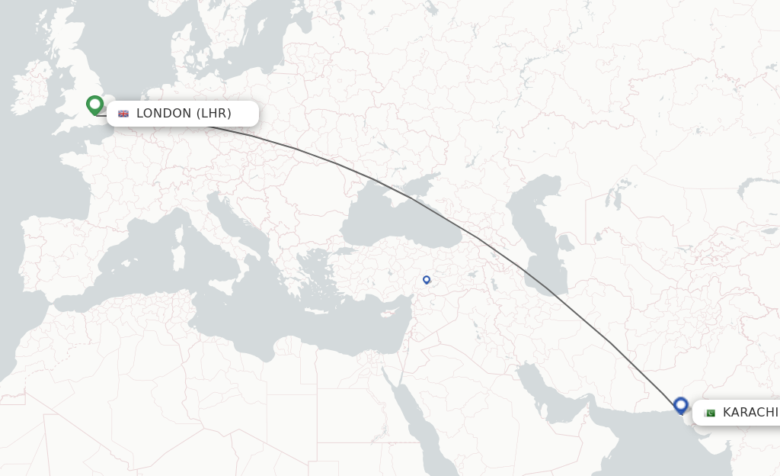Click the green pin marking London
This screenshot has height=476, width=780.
pyautogui.click(x=95, y=105)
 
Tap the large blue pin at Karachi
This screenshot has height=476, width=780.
pyautogui.click(x=681, y=405)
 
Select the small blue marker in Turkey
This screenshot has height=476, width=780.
pyautogui.click(x=427, y=280)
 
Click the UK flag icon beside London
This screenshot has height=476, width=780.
pyautogui.click(x=123, y=114)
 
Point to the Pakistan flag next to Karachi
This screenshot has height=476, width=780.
pyautogui.click(x=710, y=413)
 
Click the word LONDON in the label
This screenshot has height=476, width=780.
pyautogui.click(x=164, y=114)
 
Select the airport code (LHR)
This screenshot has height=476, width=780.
pyautogui.click(x=214, y=114)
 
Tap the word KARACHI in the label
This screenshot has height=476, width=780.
pyautogui.click(x=750, y=413)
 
